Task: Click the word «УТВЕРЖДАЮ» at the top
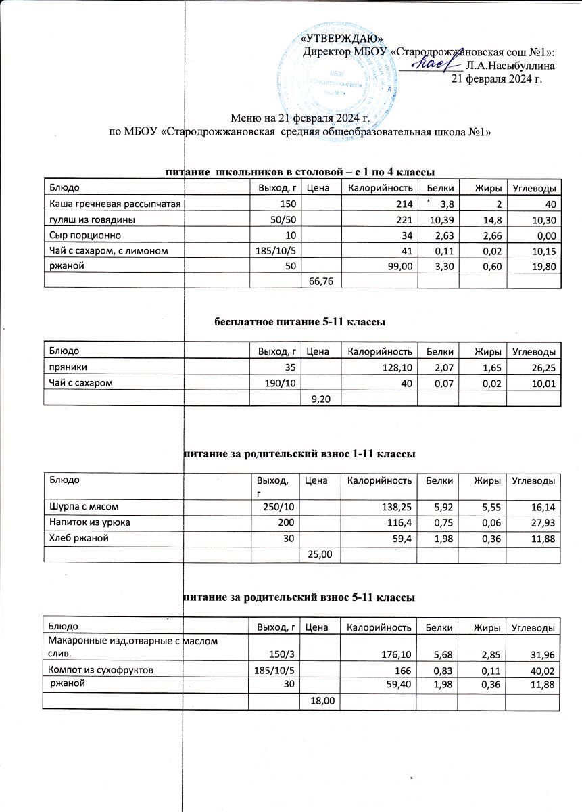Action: pyautogui.click(x=346, y=38)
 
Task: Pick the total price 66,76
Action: pyautogui.click(x=320, y=279)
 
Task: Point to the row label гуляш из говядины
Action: pyautogui.click(x=89, y=220)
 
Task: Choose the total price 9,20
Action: pyautogui.click(x=320, y=399)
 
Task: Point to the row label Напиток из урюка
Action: pyautogui.click(x=88, y=522)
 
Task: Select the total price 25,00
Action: pyautogui.click(x=320, y=555)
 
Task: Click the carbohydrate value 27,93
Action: pyautogui.click(x=541, y=522)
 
